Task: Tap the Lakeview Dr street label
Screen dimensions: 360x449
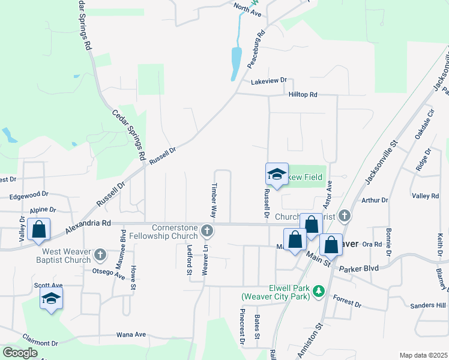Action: pyautogui.click(x=269, y=80)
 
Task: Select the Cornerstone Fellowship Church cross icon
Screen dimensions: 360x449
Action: pyautogui.click(x=207, y=231)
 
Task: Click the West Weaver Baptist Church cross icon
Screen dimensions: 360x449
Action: pyautogui.click(x=100, y=256)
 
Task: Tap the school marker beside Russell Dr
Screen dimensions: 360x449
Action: pyautogui.click(x=277, y=175)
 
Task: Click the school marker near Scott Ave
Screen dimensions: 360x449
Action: pyautogui.click(x=52, y=298)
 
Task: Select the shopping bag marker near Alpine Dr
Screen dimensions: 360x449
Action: pyautogui.click(x=38, y=230)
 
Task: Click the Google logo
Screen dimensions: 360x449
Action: pyautogui.click(x=20, y=353)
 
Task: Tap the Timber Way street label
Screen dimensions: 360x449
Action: pyautogui.click(x=213, y=200)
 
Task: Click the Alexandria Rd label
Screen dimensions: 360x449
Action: pyautogui.click(x=89, y=223)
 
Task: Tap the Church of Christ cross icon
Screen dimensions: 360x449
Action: pyautogui.click(x=345, y=215)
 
